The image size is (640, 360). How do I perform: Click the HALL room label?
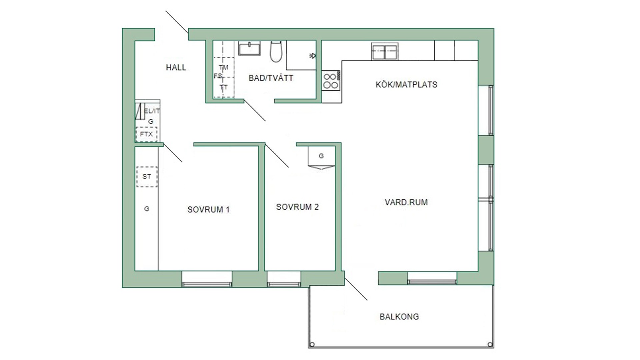(176, 68)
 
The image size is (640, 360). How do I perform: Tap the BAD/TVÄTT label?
(271, 78)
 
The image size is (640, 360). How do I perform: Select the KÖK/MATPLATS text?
(406, 85)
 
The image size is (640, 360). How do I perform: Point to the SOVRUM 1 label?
(208, 210)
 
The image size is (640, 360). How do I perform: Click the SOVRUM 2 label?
(297, 207)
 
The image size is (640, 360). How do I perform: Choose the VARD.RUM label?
(406, 202)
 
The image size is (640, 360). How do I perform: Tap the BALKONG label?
(399, 317)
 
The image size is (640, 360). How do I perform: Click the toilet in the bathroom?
(276, 51)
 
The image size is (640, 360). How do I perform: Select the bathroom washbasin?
(249, 48)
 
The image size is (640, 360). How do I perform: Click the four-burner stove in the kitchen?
(331, 80)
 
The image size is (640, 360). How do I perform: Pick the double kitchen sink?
(385, 52)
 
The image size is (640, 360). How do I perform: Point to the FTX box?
(146, 134)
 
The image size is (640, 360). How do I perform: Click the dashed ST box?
(147, 177)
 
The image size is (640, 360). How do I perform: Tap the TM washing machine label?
(223, 67)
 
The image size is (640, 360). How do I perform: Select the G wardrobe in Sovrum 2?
(321, 156)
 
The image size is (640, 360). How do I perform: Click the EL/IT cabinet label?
(152, 111)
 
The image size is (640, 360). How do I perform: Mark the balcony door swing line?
(356, 289)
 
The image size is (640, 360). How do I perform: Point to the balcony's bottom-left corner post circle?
(312, 344)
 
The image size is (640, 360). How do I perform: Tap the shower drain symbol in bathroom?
(313, 56)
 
